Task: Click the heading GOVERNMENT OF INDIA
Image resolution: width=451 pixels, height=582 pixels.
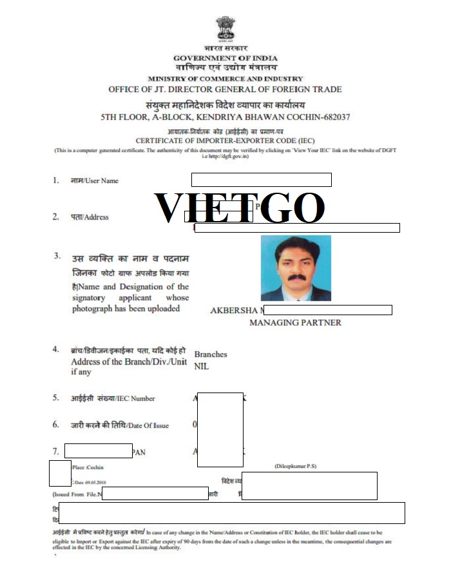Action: click(x=225, y=58)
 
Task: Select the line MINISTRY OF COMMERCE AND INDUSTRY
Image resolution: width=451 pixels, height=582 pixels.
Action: click(x=225, y=79)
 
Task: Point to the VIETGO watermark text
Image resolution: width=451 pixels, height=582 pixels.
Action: click(x=240, y=208)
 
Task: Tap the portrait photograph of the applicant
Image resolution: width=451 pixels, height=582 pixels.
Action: click(x=296, y=268)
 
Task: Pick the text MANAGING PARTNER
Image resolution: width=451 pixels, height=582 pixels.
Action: click(x=295, y=322)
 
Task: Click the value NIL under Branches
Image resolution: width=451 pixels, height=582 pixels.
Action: click(x=202, y=366)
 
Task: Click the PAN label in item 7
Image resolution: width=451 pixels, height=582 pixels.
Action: click(x=139, y=452)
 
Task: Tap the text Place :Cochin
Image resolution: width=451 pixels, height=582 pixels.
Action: click(x=88, y=467)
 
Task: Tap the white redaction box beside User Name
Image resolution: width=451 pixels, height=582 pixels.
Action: click(x=261, y=180)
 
